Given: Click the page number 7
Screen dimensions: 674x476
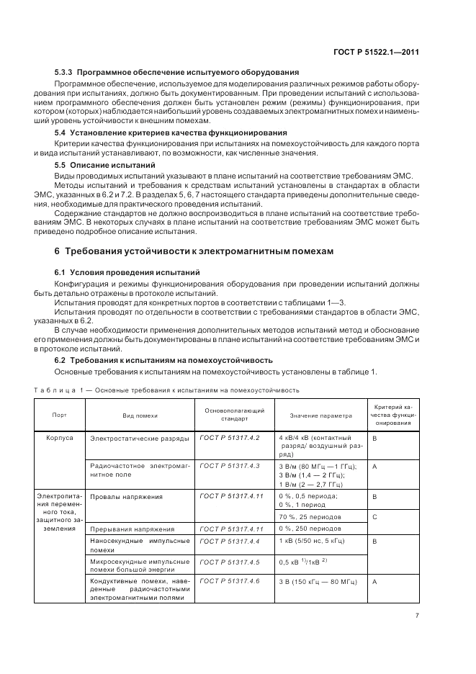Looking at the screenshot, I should tap(417, 615).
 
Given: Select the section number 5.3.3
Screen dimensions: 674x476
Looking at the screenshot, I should tap(64, 73).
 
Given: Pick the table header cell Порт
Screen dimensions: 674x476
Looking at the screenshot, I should tap(59, 415).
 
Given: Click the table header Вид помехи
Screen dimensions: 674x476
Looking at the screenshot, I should tap(140, 415).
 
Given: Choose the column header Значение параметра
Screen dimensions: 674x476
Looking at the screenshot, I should tap(320, 415).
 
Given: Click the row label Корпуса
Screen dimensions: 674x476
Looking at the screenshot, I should tap(60, 438).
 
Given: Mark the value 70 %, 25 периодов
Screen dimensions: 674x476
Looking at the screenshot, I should tap(311, 516).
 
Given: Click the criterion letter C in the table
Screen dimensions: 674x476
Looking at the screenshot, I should tap(375, 516).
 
